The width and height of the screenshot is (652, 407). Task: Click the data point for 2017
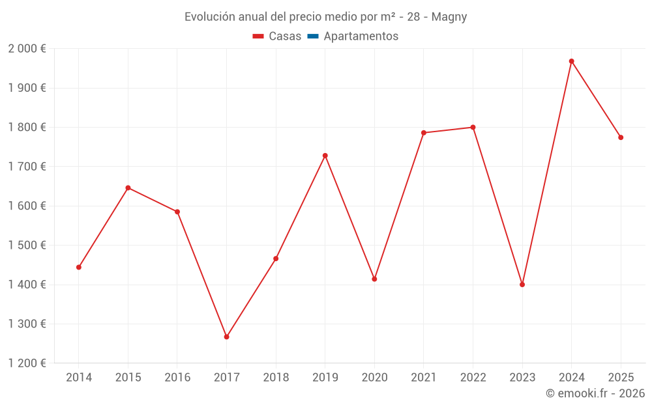tap(226, 337)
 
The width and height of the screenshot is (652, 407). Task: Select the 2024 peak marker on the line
tap(571, 61)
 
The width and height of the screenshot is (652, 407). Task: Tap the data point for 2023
tap(522, 285)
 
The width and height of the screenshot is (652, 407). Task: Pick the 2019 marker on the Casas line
tap(325, 156)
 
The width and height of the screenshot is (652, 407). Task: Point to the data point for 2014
tap(79, 267)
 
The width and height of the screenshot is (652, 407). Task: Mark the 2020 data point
tap(374, 279)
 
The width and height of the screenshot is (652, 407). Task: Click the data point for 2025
tap(621, 137)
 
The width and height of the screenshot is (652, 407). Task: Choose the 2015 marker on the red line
tap(128, 188)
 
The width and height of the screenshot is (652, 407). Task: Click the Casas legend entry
tap(277, 36)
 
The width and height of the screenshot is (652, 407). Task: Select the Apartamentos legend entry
tap(360, 36)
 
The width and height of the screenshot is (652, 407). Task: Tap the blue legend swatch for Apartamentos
tap(313, 36)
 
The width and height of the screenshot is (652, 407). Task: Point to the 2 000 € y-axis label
tap(27, 49)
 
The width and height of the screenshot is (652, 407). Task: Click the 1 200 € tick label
tap(27, 363)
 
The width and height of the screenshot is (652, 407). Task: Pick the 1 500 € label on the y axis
tap(27, 246)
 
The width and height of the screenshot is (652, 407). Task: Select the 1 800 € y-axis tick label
tap(27, 128)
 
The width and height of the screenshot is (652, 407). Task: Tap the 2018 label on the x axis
tap(276, 378)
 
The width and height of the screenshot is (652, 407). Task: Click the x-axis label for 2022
tap(473, 378)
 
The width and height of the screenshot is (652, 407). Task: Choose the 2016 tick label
tap(177, 378)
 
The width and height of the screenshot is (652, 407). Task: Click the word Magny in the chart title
tap(450, 17)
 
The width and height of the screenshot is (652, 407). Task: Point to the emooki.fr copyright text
tap(595, 393)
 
